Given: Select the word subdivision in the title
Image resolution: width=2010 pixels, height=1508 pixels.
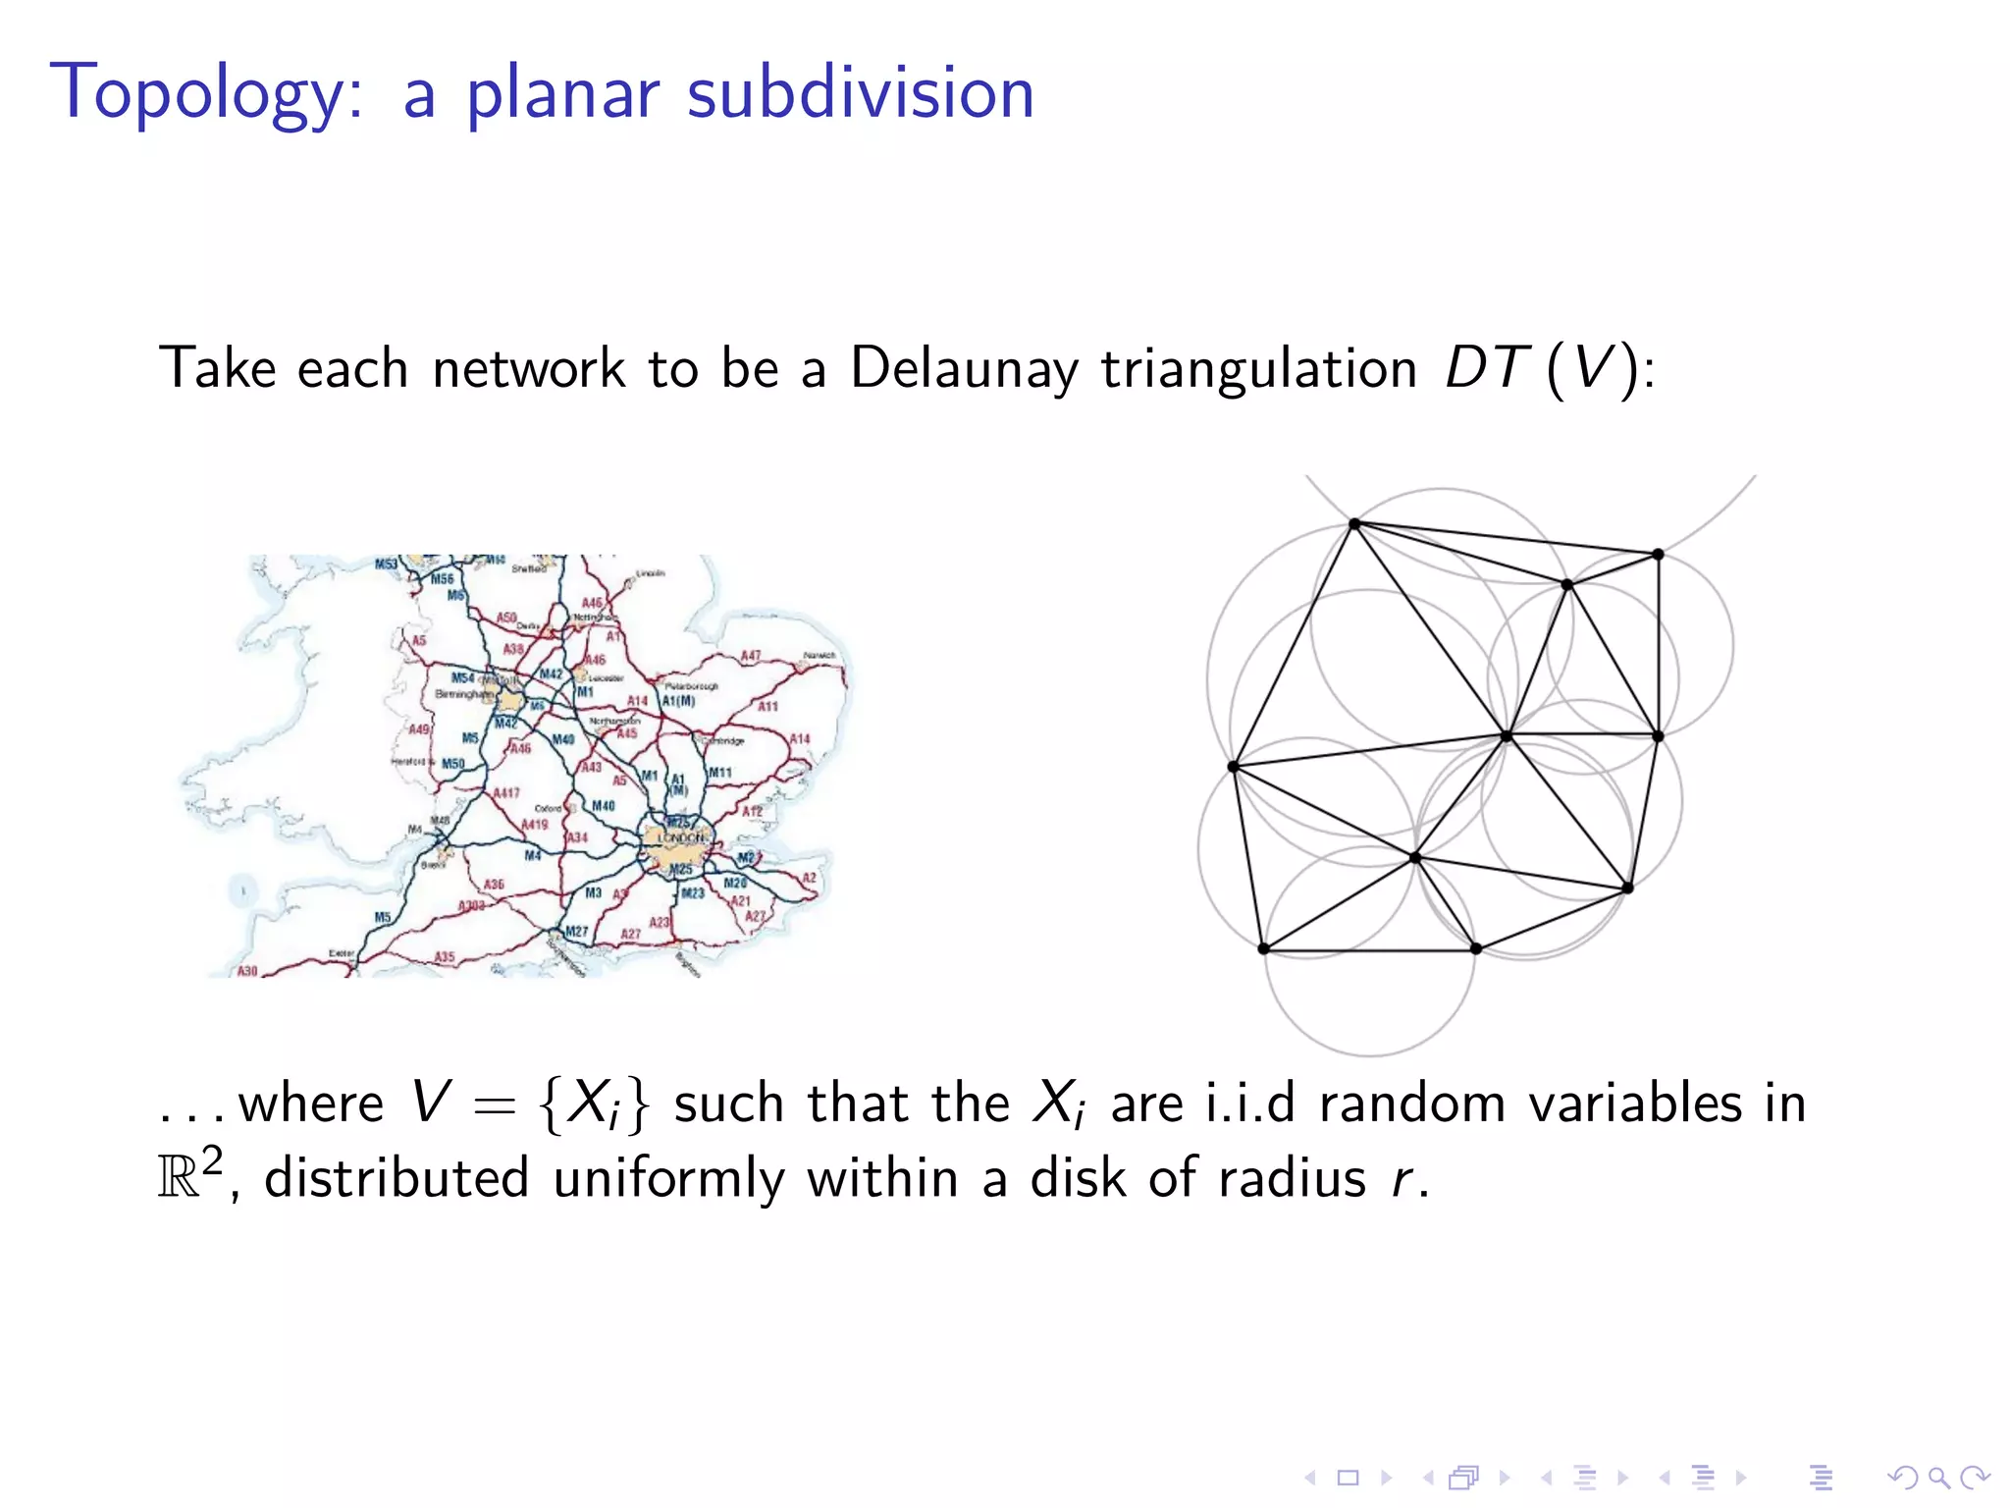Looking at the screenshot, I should click(860, 94).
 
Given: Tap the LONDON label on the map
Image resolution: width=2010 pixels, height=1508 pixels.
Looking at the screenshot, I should click(681, 837).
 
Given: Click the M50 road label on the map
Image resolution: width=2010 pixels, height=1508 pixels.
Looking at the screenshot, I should click(452, 763).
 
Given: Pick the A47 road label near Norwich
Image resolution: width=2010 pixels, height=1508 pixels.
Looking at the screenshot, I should click(750, 655).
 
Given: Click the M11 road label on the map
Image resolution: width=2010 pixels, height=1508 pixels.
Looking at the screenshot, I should click(719, 773).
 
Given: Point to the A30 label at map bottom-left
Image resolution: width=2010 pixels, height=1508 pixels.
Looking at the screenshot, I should click(247, 970).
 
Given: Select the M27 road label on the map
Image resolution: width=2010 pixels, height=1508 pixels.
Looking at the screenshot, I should click(576, 931).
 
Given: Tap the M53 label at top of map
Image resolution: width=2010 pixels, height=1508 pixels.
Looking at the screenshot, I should click(387, 564).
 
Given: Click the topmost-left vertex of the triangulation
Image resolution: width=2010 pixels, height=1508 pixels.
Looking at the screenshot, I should click(1354, 523).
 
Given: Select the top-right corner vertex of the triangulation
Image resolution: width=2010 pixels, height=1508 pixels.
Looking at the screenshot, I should click(1658, 555).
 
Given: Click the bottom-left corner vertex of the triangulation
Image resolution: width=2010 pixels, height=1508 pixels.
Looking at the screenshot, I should click(1263, 948).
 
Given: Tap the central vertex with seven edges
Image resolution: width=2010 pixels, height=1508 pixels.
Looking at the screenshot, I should click(1507, 734).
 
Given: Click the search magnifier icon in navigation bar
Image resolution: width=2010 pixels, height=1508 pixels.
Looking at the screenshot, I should click(1937, 1478).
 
